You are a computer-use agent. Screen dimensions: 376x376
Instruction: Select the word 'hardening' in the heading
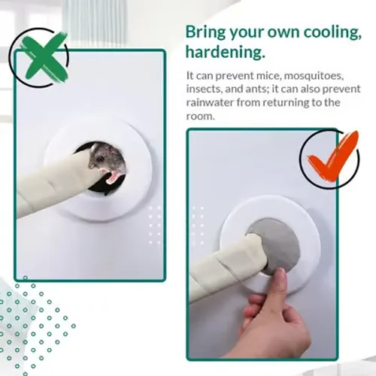pyautogui.click(x=223, y=52)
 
